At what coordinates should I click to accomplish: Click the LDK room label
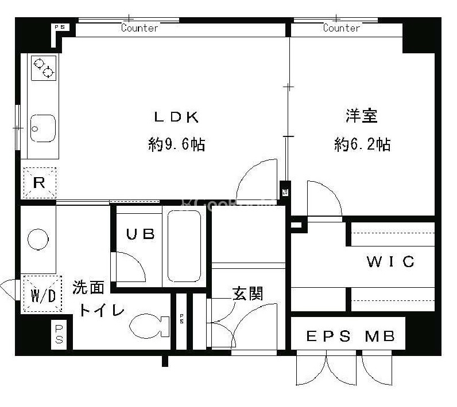176,118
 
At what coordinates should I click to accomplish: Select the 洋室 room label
361,116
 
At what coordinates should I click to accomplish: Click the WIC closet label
390,263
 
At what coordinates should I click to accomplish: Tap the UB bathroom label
141,234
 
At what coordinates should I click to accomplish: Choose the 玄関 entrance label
247,294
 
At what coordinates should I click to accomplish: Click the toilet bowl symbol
148,328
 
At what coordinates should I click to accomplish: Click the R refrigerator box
39,183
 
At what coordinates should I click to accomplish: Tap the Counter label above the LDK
140,28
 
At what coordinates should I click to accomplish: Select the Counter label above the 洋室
341,28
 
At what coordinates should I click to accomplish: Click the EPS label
328,336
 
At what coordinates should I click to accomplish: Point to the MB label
380,336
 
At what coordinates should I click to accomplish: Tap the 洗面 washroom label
88,287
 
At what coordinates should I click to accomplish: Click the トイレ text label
101,310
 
